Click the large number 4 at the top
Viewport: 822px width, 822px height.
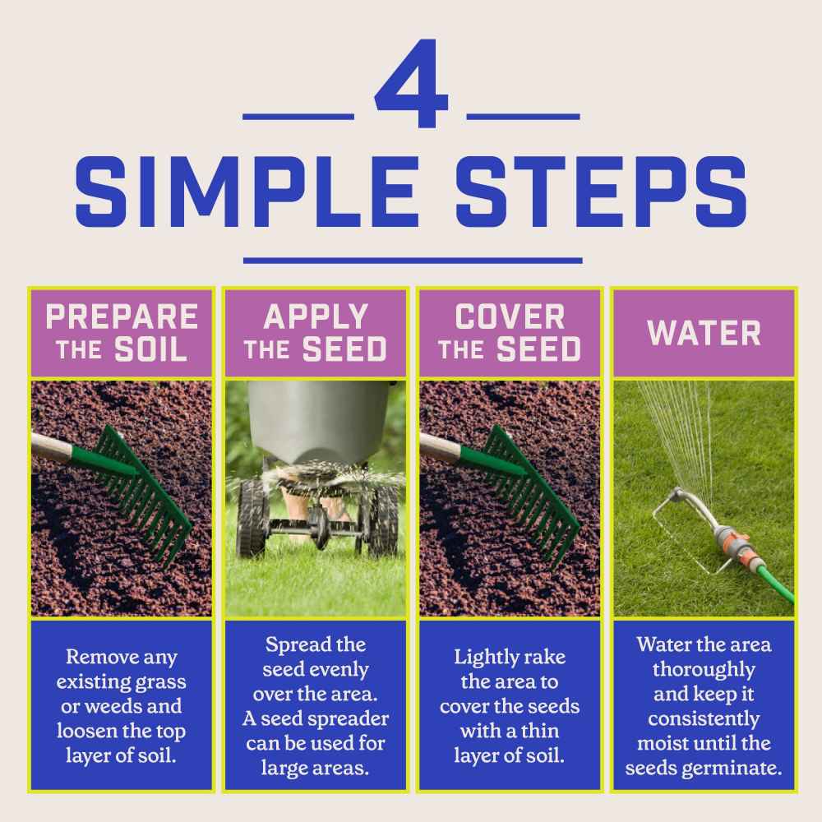point(412,83)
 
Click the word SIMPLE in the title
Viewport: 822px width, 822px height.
point(247,192)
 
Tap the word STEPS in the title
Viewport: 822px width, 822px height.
point(601,192)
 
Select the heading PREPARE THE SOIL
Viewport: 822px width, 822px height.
point(122,332)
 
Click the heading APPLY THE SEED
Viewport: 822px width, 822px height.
point(316,332)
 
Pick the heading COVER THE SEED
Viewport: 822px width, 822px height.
point(510,332)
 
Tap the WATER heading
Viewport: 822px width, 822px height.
point(704,333)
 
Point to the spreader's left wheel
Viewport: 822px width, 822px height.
point(252,524)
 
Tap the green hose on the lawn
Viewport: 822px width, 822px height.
point(771,580)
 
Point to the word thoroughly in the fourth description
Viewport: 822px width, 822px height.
point(704,670)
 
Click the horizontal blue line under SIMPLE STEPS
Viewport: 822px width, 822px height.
point(413,261)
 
